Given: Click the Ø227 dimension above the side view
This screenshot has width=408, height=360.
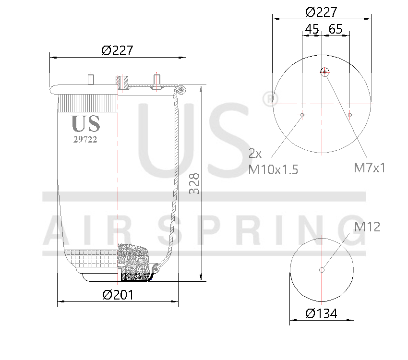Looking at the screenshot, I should pos(117,50).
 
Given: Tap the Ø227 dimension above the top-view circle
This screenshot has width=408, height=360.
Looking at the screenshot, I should pos(321,12).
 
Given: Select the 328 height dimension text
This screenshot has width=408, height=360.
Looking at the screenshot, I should pos(194,183).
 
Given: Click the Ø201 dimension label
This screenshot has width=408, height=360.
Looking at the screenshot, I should pos(118,295).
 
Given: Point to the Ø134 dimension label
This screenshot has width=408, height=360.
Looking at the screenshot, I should pos(321,313).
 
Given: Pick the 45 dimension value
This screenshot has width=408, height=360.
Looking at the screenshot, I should pos(312,29).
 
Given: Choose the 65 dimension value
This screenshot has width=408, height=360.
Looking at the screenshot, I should pos(336,29).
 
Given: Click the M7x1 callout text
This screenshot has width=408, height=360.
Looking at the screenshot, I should pos(370,168).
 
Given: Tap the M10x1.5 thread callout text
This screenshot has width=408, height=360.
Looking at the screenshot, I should pos(273,169).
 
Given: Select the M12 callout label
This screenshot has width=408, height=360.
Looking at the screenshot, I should pos(367,227).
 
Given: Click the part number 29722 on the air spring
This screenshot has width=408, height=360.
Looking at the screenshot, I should pos(85,140).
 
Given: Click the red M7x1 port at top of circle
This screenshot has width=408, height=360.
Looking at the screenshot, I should pos(325,72).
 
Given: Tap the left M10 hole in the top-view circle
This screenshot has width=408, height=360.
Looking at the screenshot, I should pos(302,115).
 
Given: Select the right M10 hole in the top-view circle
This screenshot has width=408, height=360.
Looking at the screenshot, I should pos(350,115).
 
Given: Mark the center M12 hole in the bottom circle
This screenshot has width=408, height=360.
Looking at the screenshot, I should pos(322,270).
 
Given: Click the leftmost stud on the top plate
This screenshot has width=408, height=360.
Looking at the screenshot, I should pos(90,80).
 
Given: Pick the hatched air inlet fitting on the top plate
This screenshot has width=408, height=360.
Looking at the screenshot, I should pos(122,83).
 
